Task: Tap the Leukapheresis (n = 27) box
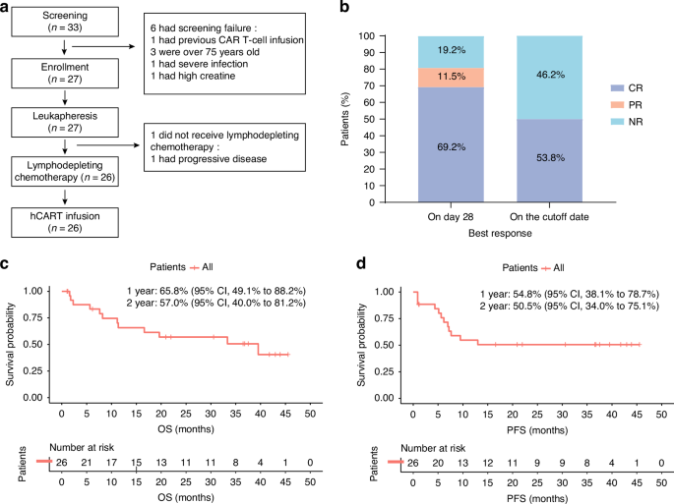point(65,123)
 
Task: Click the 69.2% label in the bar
point(451,145)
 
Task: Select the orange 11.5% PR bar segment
point(451,77)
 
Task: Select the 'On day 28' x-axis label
point(451,216)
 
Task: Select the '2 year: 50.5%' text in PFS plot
point(523,305)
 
